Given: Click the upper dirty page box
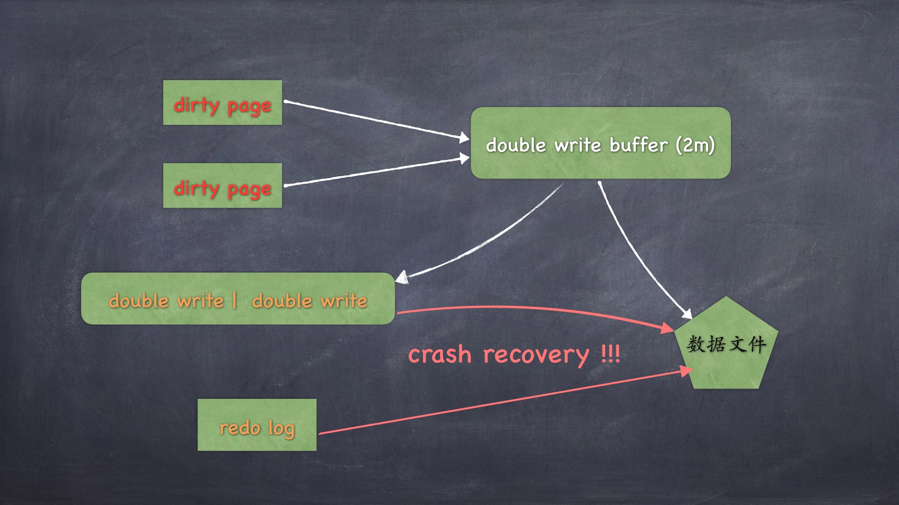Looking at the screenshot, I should tap(222, 102).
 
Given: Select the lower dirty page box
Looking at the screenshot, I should tap(222, 186).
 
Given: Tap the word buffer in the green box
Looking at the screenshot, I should tap(638, 145).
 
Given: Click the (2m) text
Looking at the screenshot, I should tap(695, 145).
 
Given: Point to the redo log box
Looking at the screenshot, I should tap(257, 425).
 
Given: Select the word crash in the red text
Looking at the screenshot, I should tap(439, 354).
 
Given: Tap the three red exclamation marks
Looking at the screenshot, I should tap(611, 354).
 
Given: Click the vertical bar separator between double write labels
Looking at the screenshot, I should tap(234, 300).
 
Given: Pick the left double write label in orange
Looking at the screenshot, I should tap(166, 301).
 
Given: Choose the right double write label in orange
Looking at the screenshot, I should tap(309, 301).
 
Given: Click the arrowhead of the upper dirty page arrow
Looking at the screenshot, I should tap(464, 137).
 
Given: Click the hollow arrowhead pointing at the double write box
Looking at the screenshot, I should tap(402, 277).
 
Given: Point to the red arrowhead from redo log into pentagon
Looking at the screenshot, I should tap(686, 371).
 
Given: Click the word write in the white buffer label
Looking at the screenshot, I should tap(577, 145).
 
